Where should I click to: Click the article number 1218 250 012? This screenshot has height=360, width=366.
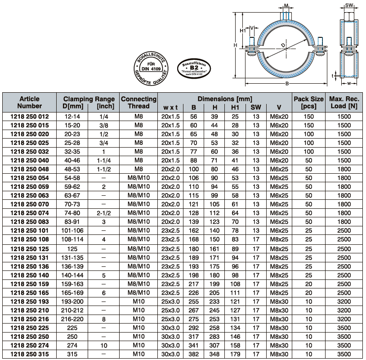[x=30, y=116]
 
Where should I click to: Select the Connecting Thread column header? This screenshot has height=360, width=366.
[x=138, y=102]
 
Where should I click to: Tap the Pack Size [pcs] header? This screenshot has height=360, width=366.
[x=308, y=102]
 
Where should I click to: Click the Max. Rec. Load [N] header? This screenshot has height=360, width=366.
[x=344, y=102]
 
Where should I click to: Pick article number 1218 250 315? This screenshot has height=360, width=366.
[x=30, y=354]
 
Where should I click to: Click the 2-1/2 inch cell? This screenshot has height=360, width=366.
[x=104, y=213]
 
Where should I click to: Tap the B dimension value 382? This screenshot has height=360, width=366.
[x=193, y=354]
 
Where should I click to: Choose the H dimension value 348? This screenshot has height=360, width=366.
[x=214, y=354]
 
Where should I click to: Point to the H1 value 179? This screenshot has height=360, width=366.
[x=235, y=354]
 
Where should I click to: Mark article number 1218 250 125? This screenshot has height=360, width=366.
[x=30, y=248]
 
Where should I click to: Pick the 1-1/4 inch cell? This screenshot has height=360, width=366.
[x=104, y=160]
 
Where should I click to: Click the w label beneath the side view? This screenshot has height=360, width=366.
[x=349, y=83]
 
